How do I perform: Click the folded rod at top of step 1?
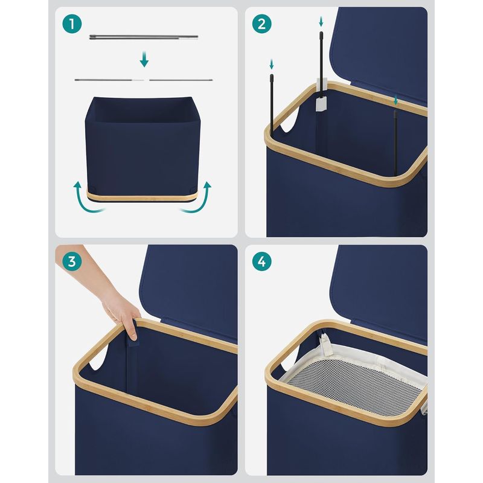[144, 37]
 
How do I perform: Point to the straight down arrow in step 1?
[144, 59]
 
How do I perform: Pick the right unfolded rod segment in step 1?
[181, 79]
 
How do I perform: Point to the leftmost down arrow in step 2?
[272, 63]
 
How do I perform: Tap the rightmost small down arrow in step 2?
[395, 100]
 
